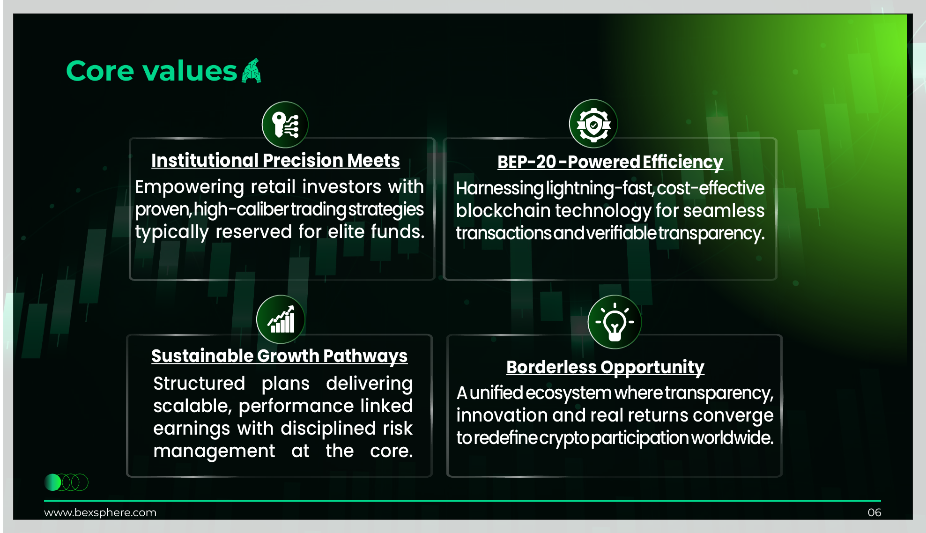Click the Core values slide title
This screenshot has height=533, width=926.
[x=152, y=71]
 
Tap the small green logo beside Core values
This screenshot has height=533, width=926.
[x=252, y=71]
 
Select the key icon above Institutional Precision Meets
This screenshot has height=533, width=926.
[x=285, y=125]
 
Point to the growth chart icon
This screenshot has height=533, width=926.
[x=281, y=319]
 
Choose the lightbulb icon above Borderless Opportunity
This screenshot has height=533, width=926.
[x=615, y=322]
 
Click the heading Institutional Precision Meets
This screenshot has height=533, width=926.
[x=275, y=160]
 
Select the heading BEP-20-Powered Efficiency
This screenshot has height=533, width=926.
[x=610, y=162]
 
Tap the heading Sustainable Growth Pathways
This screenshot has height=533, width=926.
[x=280, y=356]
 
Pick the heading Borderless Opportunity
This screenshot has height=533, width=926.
[x=605, y=367]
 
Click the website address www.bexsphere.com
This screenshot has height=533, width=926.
[x=100, y=512]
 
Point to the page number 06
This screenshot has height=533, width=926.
[x=874, y=512]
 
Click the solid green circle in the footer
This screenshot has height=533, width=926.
[x=52, y=482]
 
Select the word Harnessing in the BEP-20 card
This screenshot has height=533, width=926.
[x=500, y=188]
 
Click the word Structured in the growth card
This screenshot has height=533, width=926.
[x=199, y=384]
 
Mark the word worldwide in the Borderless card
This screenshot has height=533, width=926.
[x=732, y=437]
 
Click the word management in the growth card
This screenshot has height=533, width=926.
[x=214, y=452]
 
